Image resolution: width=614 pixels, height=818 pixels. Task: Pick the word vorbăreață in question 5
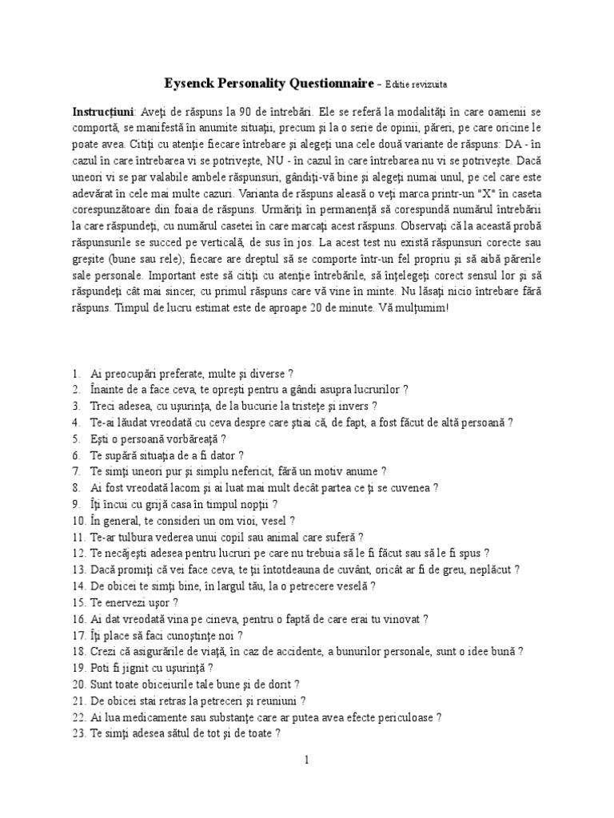(x=192, y=439)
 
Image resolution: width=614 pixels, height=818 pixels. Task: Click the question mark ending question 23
(x=277, y=733)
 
